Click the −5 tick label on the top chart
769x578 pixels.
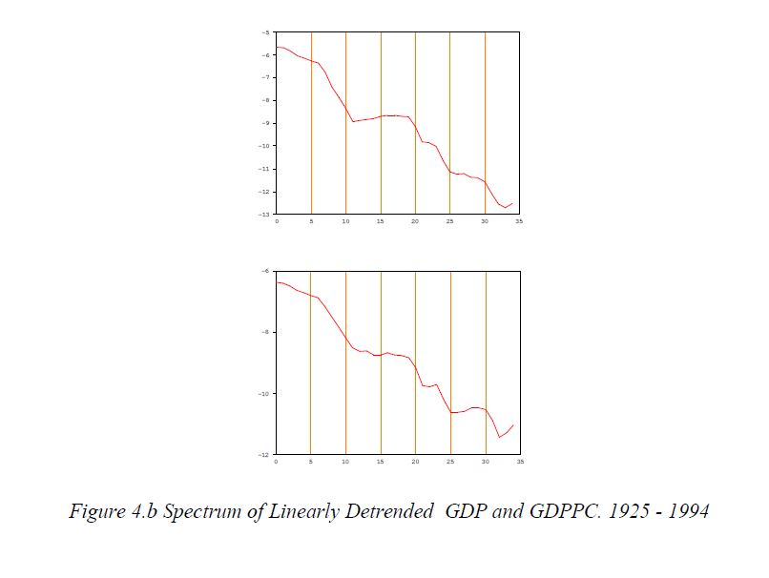(x=264, y=32)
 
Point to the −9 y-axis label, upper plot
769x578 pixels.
(x=264, y=123)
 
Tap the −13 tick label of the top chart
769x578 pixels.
(x=263, y=215)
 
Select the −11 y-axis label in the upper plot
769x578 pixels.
(x=263, y=169)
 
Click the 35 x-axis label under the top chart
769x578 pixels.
(x=519, y=221)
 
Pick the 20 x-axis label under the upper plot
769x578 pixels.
(x=415, y=221)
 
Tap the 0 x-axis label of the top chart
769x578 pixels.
(x=277, y=221)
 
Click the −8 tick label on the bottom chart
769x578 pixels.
(x=264, y=333)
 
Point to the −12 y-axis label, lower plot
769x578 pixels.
(x=263, y=454)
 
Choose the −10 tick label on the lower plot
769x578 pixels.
(x=263, y=394)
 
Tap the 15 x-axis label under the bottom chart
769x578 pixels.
(x=381, y=462)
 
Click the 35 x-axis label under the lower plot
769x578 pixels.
(x=519, y=462)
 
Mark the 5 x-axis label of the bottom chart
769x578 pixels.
(x=311, y=462)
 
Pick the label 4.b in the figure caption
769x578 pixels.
(x=144, y=511)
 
